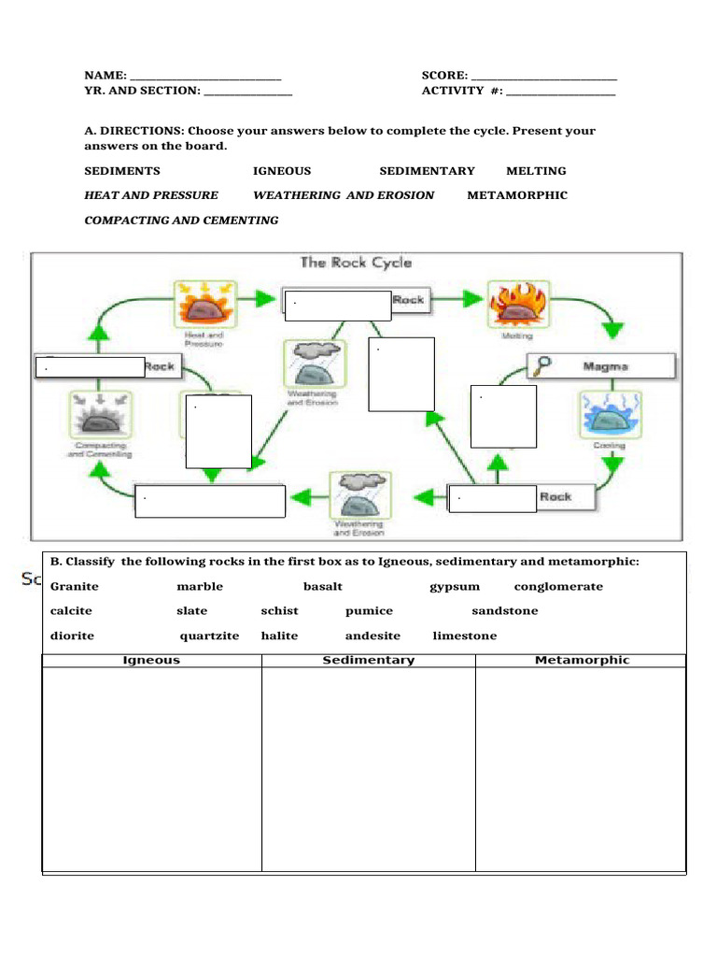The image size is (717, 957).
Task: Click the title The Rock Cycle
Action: (355, 263)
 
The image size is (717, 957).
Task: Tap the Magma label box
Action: (605, 366)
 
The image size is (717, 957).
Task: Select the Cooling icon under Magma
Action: (609, 414)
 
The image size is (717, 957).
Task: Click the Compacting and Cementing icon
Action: (100, 415)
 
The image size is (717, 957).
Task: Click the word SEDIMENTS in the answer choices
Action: (122, 171)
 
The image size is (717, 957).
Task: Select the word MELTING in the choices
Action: (536, 171)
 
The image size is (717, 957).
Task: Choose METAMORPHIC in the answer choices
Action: (517, 195)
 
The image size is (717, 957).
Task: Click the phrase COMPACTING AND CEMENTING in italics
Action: (181, 221)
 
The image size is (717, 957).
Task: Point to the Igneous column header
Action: (152, 660)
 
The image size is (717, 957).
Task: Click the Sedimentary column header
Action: (368, 660)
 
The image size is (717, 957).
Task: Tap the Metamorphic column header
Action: (582, 660)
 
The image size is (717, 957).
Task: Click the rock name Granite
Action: (75, 587)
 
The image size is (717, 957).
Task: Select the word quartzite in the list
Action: (209, 636)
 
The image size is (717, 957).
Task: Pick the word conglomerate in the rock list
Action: (558, 587)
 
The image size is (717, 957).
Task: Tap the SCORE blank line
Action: (544, 77)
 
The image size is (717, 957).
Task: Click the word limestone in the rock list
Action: (465, 636)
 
